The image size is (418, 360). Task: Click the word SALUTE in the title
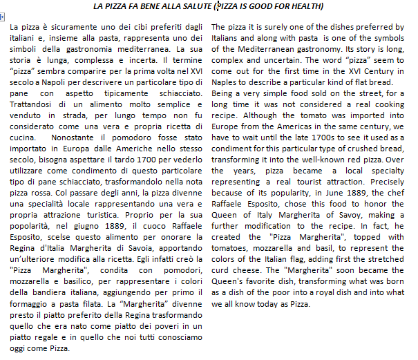click(194, 6)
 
